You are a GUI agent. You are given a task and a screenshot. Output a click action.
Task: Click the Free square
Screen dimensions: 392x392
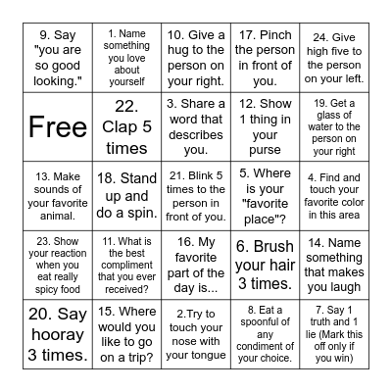[x=59, y=126]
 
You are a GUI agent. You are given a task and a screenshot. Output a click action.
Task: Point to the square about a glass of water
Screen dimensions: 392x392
[x=333, y=126]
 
